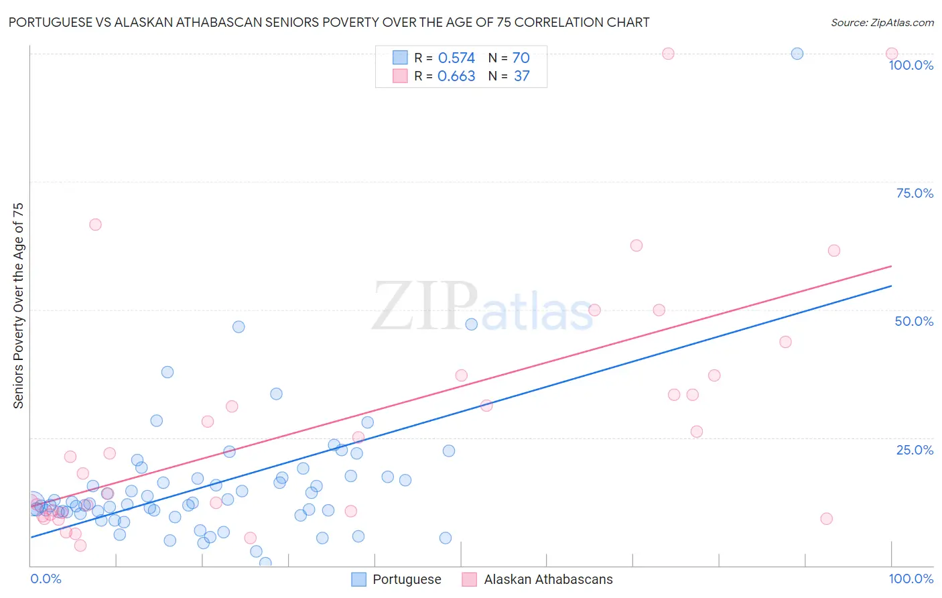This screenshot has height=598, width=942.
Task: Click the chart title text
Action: coord(328,22)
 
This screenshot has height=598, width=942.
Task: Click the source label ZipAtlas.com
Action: coord(882,22)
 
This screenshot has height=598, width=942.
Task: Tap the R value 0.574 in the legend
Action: coord(456,58)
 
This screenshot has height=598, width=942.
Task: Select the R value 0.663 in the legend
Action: coord(456,76)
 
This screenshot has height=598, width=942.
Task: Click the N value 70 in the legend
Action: coord(521,58)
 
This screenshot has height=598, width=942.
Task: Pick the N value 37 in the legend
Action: coord(521,76)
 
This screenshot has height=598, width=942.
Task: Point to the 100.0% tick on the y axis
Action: coord(911,65)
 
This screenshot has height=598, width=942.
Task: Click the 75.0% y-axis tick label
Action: coord(915,193)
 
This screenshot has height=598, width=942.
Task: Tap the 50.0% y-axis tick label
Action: coord(914,321)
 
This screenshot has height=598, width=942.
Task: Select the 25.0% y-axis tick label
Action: coord(915,450)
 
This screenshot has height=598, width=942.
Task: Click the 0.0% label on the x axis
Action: coord(46,579)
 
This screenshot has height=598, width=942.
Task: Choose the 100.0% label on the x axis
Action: coord(911,579)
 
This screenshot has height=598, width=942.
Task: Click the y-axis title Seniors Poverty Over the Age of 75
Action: coord(19,305)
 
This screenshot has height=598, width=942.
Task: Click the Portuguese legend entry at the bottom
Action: coord(397,579)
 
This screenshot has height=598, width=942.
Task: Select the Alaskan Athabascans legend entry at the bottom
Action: coord(538,579)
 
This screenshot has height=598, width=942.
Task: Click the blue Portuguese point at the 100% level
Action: coord(797,54)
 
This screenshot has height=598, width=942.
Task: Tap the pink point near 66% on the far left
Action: coord(95,225)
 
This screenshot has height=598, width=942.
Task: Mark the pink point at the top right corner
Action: coord(891,54)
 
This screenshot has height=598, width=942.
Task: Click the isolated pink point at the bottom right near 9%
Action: coord(826,519)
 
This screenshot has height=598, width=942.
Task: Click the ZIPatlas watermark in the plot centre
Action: coord(482,307)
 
